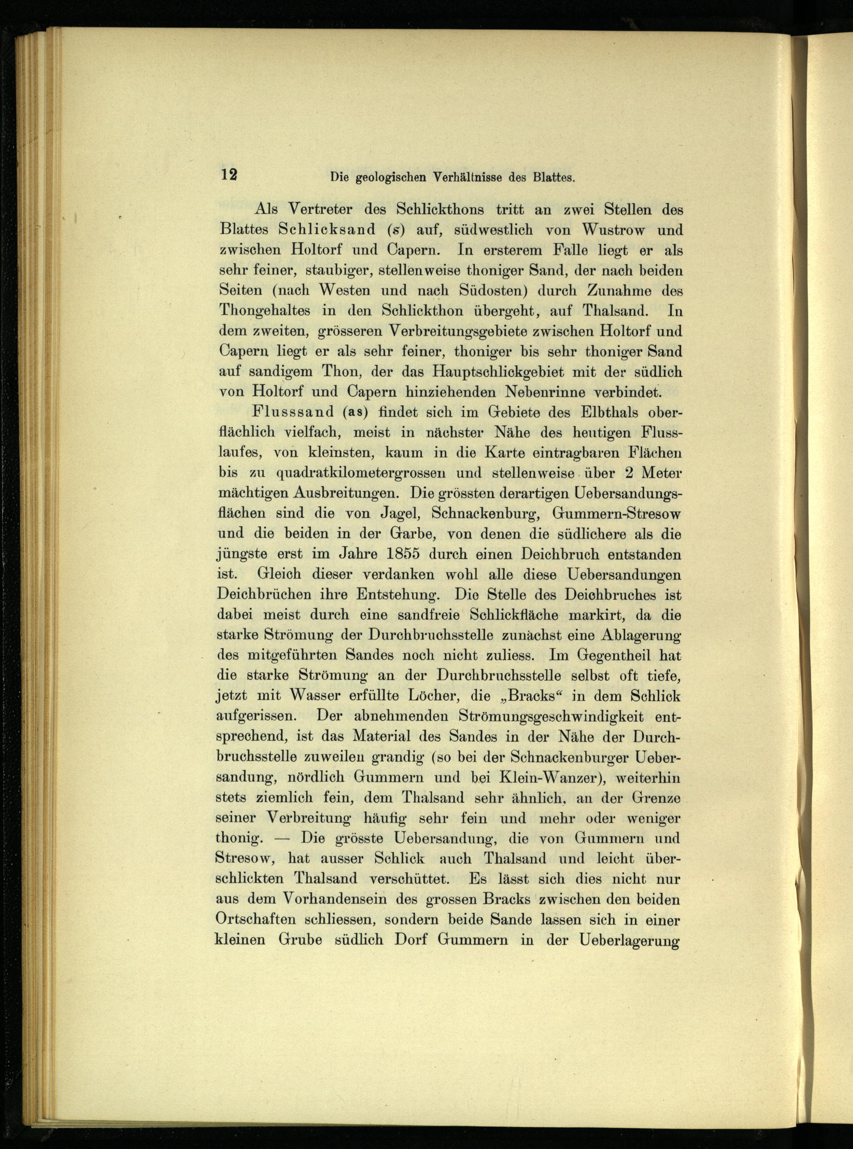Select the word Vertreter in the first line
click(319, 210)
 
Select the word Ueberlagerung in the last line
click(629, 939)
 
